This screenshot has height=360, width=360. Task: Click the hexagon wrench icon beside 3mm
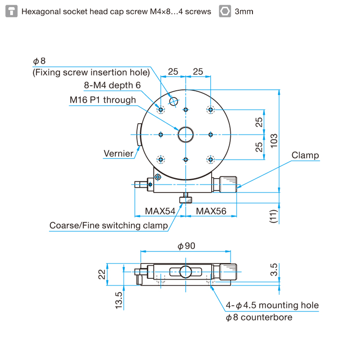coord(225,11)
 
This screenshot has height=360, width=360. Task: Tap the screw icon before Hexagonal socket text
coord(12,11)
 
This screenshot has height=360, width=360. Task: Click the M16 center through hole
coord(185,134)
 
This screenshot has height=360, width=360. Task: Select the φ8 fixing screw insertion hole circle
coord(174,101)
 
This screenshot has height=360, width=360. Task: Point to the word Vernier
coord(119,154)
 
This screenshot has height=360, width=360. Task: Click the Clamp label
coord(305,155)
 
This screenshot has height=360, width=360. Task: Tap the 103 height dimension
coord(274,141)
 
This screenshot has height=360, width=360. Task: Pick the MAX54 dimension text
coord(160,211)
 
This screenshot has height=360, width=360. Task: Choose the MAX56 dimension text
coord(211,211)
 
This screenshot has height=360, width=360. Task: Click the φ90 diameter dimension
coord(186,246)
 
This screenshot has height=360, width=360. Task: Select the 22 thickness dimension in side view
coord(102,274)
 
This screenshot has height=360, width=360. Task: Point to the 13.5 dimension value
coord(119,300)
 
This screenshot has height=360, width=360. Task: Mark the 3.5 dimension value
coord(274,270)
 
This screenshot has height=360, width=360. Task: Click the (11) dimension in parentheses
coord(273,216)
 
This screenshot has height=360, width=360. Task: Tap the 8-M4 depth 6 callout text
coord(112,85)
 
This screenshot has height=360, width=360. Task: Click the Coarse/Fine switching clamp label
coord(108,226)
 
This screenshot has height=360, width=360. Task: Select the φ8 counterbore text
coord(259,317)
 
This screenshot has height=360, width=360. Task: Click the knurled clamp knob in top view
coord(228,184)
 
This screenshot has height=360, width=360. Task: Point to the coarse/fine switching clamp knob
coord(185,200)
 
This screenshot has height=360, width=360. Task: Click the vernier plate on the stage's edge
coord(139,134)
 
